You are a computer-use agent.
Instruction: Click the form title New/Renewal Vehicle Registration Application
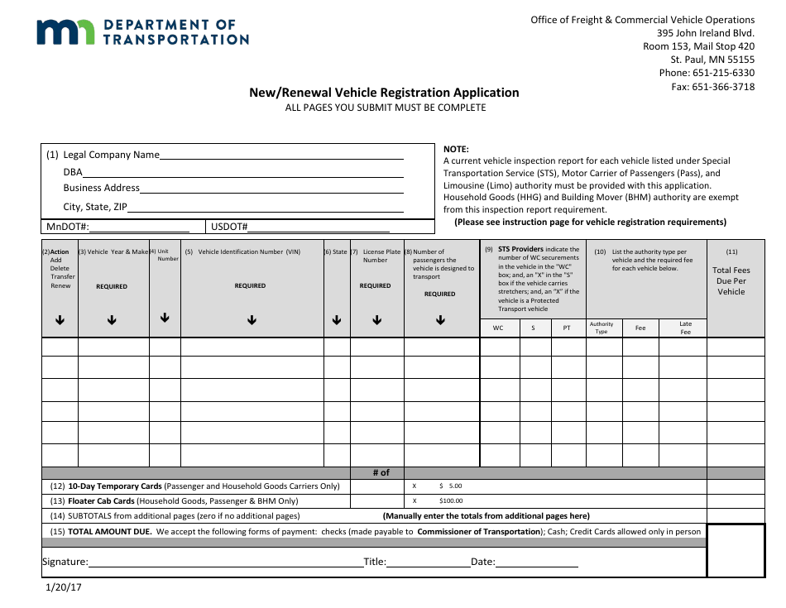(384, 93)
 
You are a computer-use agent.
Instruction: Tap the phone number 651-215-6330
(725, 73)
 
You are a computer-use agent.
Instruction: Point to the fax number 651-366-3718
(723, 86)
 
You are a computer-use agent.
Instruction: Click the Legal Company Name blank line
(281, 156)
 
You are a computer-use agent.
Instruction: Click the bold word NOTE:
(456, 149)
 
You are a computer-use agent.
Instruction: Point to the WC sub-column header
(498, 328)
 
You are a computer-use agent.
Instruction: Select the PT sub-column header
(567, 328)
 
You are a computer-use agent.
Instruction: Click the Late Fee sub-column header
(685, 328)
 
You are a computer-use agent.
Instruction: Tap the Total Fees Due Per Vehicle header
(731, 281)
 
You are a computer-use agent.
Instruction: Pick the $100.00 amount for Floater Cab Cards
(451, 500)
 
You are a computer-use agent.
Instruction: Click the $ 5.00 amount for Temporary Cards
(451, 486)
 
